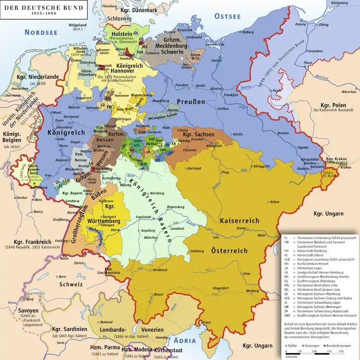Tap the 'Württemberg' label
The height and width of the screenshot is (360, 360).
tap(103, 221)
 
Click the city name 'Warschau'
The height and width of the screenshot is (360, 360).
tap(349, 92)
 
